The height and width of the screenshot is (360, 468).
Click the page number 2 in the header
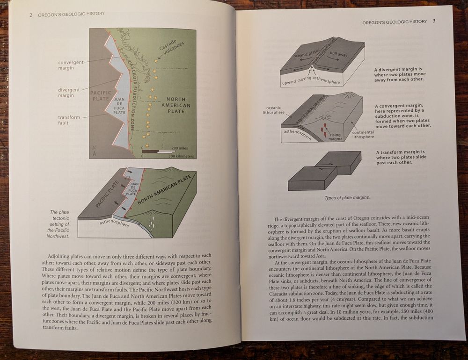tap(30, 14)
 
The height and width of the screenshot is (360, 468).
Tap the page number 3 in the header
tap(434, 21)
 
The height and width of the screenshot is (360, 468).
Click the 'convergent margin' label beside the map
tap(71, 65)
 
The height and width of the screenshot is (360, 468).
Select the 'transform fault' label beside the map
tap(69, 120)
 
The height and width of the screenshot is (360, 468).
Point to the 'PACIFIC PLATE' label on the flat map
tap(100, 96)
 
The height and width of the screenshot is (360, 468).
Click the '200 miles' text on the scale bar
tap(180, 148)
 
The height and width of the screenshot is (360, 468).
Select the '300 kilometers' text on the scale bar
tap(183, 156)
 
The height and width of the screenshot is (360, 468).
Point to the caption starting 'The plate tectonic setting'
tap(59, 224)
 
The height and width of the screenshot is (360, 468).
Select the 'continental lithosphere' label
tap(363, 134)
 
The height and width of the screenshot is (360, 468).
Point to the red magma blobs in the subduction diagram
tap(322, 129)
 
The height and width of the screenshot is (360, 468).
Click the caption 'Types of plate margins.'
tap(347, 198)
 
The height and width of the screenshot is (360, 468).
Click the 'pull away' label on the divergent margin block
tap(338, 54)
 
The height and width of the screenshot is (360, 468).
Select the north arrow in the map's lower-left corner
tap(95, 151)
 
